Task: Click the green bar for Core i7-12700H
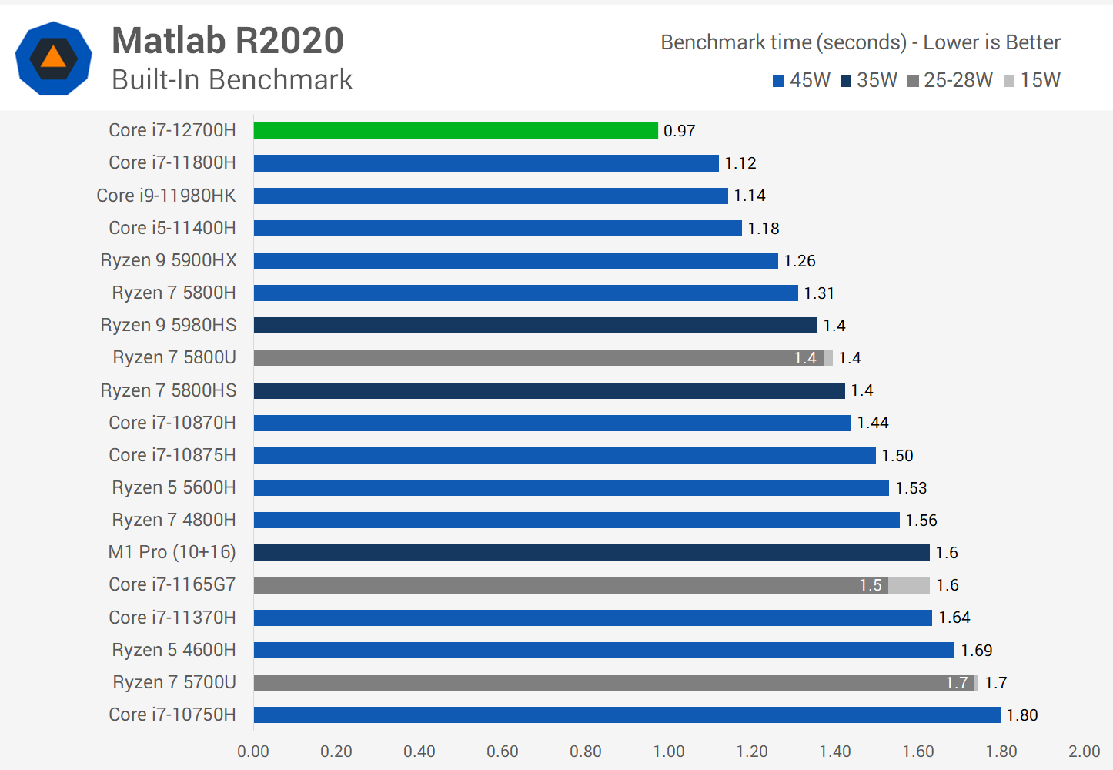click(456, 131)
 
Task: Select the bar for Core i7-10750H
click(627, 715)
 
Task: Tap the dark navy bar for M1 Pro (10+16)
click(591, 553)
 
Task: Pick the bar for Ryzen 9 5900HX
click(516, 261)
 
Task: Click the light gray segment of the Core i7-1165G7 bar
click(909, 585)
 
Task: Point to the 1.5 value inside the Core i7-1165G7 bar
click(871, 585)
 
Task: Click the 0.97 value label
click(679, 131)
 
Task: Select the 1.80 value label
click(1022, 715)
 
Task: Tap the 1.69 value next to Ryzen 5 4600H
click(976, 651)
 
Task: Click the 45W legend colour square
click(778, 82)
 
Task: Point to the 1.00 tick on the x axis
click(669, 752)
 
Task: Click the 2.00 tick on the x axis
click(1084, 752)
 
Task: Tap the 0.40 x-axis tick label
click(419, 752)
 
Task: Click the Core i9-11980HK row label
click(166, 196)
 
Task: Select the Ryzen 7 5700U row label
click(174, 682)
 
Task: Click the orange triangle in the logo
click(53, 57)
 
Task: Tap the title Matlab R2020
click(228, 41)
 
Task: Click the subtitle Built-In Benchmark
click(232, 80)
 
